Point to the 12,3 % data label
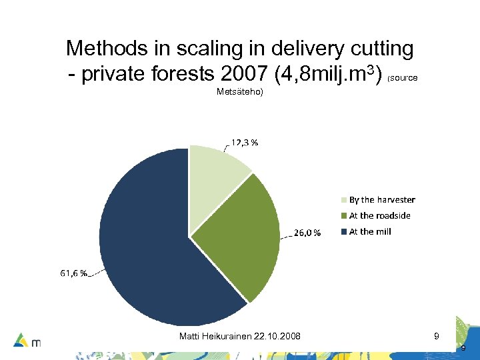click(245, 142)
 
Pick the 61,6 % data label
click(73, 273)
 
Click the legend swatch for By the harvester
click(344, 200)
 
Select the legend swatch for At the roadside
click(344, 216)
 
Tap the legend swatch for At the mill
click(344, 232)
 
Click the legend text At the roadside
click(379, 216)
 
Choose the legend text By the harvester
click(382, 200)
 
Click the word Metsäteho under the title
click(240, 92)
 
